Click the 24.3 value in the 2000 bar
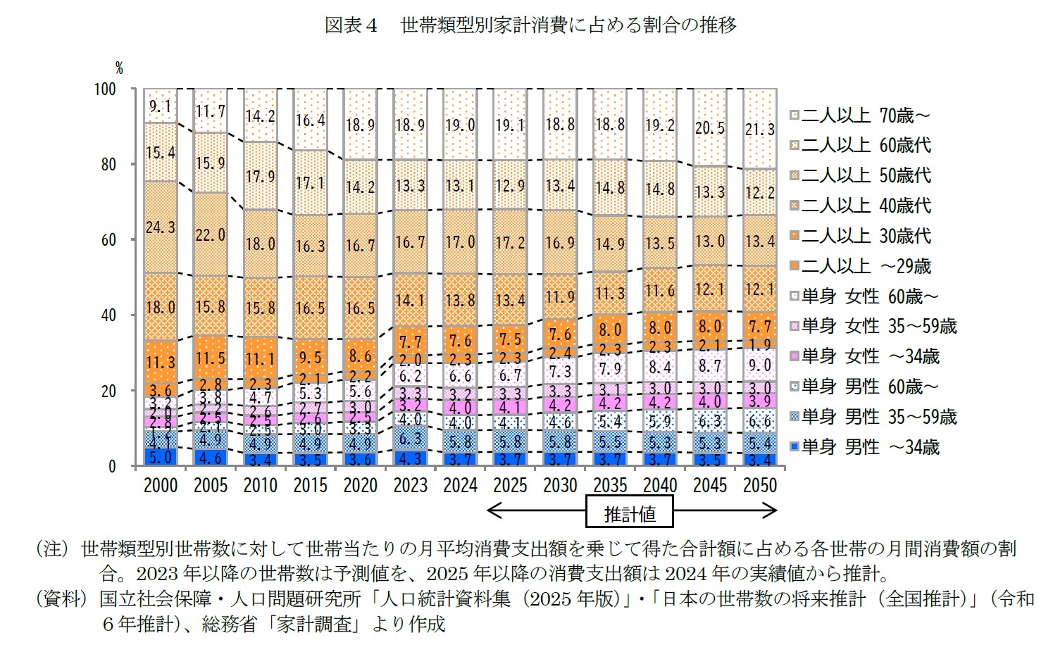[161, 227]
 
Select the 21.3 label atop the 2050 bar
[760, 129]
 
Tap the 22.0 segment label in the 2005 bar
[211, 234]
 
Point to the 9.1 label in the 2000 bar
[161, 106]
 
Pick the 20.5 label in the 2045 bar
[710, 127]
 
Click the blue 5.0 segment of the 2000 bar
[161, 457]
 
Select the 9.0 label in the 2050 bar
[760, 365]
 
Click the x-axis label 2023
[410, 486]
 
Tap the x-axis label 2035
[610, 486]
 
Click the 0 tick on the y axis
[111, 467]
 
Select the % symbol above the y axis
[119, 68]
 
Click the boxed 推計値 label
[630, 513]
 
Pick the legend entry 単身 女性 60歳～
[869, 296]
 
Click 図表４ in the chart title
[351, 25]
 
